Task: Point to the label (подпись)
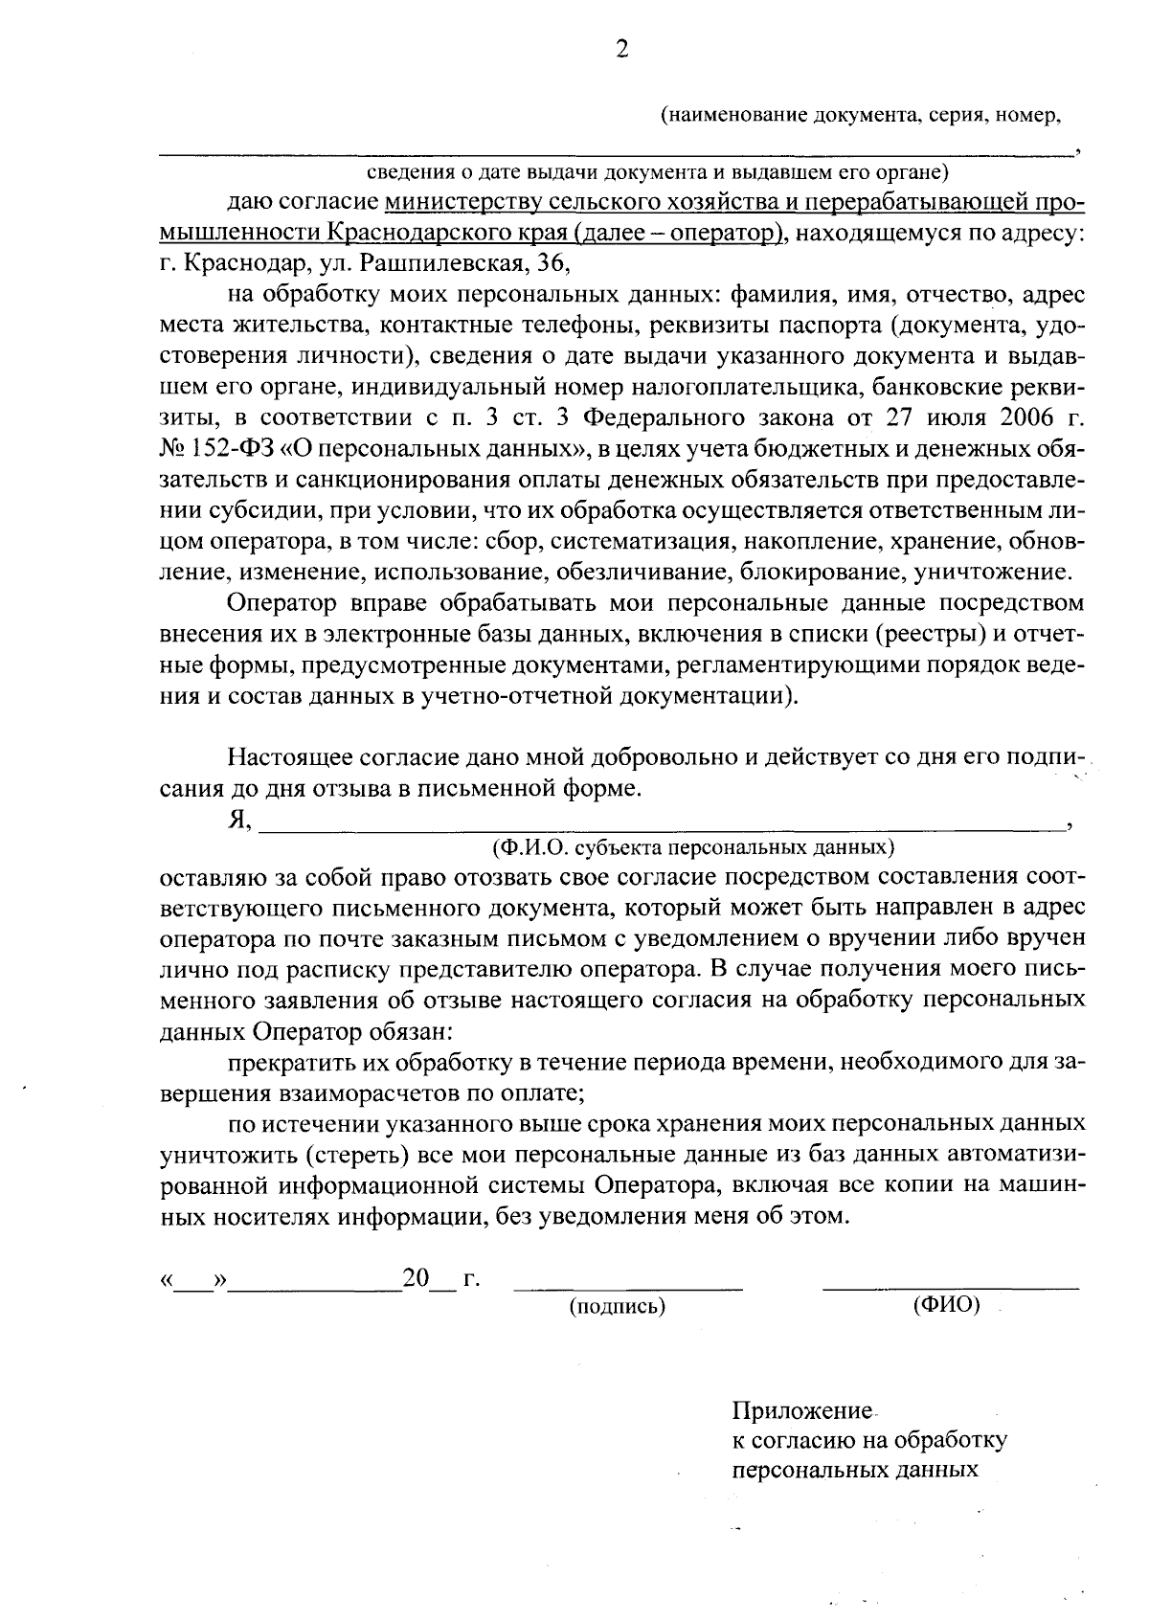pyautogui.click(x=618, y=1306)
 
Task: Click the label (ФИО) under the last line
pyautogui.click(x=947, y=1306)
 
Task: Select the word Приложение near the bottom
pyautogui.click(x=802, y=1411)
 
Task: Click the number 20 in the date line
pyautogui.click(x=415, y=1279)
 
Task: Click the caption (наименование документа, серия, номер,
pyautogui.click(x=862, y=116)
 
